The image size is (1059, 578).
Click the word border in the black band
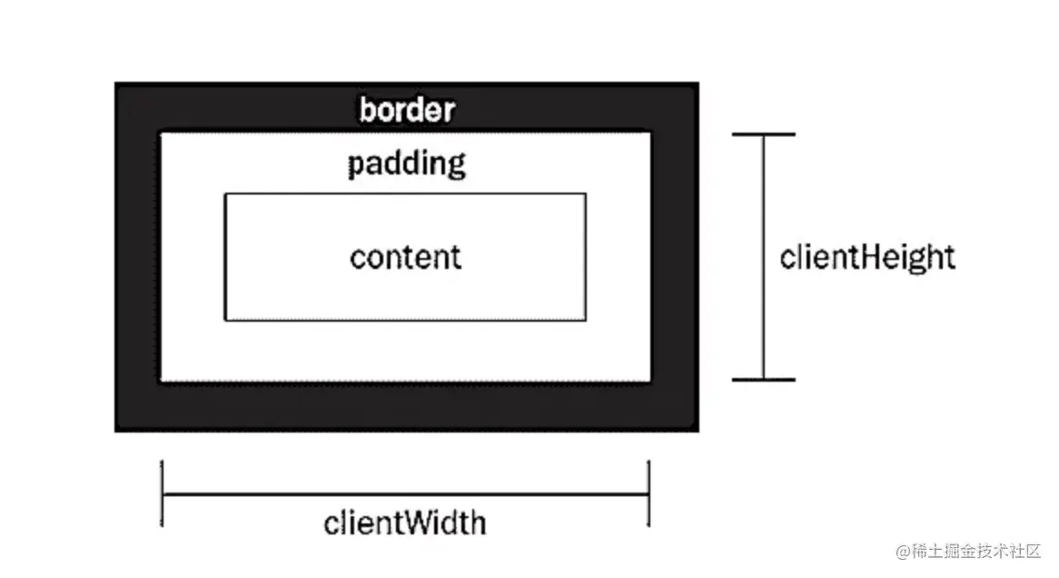pos(406,111)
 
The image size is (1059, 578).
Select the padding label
pos(406,164)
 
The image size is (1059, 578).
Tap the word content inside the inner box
pos(405,257)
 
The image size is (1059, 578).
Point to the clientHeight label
pos(867,257)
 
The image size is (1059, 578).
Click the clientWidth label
pos(405,523)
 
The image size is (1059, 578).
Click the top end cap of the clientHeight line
pos(763,135)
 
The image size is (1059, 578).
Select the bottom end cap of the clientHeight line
pos(763,379)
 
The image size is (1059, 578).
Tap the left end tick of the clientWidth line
pos(162,494)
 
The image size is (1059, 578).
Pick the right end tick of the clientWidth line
pos(648,494)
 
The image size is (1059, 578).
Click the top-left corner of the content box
pos(225,194)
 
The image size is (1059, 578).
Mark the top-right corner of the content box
pos(585,194)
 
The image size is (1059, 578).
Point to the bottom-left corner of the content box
pos(225,320)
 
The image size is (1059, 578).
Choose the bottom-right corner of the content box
pos(585,320)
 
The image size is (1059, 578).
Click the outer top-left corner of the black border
pos(116,84)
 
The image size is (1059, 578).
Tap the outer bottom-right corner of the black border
pos(698,430)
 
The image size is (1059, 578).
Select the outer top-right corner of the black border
pos(698,84)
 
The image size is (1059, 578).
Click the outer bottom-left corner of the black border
pos(116,430)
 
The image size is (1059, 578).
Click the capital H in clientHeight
pos(864,257)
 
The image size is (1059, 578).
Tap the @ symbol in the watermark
pos(903,552)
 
